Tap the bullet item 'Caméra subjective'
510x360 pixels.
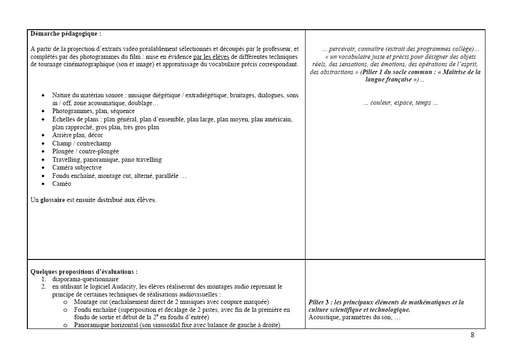click(x=77, y=168)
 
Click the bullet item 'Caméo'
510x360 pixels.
click(x=62, y=184)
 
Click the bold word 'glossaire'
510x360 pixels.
click(x=51, y=200)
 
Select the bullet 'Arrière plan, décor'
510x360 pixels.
click(x=77, y=135)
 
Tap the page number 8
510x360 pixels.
click(x=472, y=335)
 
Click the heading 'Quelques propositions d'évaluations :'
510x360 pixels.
click(x=84, y=272)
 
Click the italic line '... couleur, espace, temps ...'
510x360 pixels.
click(x=401, y=103)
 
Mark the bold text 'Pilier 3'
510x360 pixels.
click(x=318, y=303)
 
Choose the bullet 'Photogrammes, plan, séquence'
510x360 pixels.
click(x=94, y=111)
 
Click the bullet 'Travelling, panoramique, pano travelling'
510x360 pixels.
click(x=107, y=160)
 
